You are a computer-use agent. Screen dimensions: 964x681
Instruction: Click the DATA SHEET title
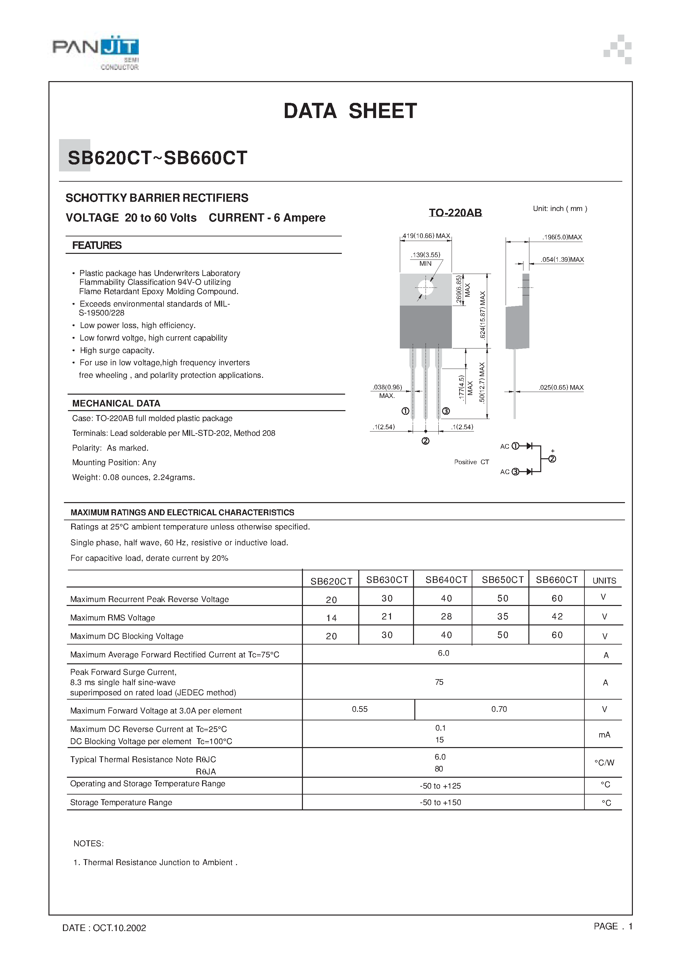tap(350, 111)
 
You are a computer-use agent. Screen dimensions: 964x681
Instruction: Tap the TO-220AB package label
tap(455, 213)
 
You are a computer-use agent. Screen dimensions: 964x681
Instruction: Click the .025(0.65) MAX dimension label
tap(561, 387)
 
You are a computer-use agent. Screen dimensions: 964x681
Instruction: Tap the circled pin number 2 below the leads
tap(425, 441)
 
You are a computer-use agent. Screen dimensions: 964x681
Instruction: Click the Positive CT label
tap(471, 462)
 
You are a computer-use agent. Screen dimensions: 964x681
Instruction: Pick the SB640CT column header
tap(446, 580)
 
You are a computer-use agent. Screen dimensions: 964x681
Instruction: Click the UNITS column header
tap(604, 581)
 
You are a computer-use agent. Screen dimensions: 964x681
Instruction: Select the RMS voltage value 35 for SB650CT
tap(503, 617)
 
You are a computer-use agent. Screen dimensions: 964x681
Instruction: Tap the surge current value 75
tap(439, 682)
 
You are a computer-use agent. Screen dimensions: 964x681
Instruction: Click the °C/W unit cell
tap(604, 763)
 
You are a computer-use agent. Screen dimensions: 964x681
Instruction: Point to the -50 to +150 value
tap(440, 802)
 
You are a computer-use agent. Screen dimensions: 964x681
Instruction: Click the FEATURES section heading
tap(97, 246)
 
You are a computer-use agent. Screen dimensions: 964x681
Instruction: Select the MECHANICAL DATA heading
tap(116, 404)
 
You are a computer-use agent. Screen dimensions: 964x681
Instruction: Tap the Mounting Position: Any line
tap(114, 463)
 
